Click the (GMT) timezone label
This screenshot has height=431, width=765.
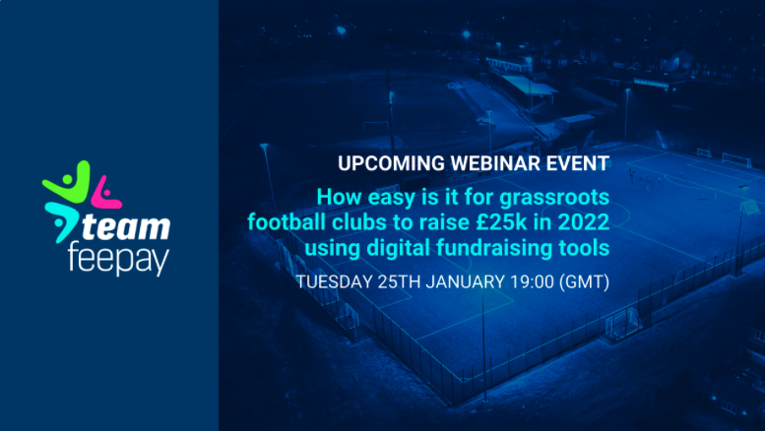tap(587, 282)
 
